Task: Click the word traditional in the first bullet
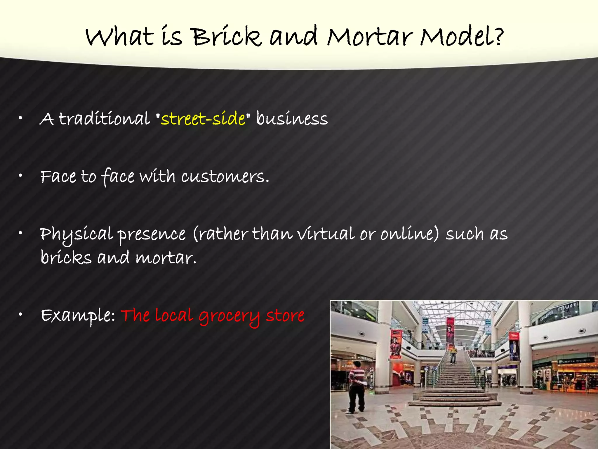(105, 119)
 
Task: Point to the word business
(292, 119)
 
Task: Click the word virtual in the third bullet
(326, 234)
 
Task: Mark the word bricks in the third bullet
(66, 258)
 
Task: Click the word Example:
(78, 316)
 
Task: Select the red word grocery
(229, 316)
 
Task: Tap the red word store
(285, 316)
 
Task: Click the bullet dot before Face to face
(20, 176)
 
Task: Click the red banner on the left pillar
(396, 343)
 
